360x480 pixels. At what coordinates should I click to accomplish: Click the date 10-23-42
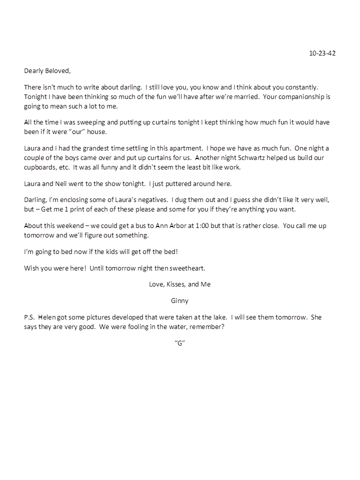pyautogui.click(x=322, y=53)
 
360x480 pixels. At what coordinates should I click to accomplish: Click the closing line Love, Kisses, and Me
pyautogui.click(x=179, y=284)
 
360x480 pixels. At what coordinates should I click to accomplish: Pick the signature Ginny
pyautogui.click(x=179, y=301)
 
